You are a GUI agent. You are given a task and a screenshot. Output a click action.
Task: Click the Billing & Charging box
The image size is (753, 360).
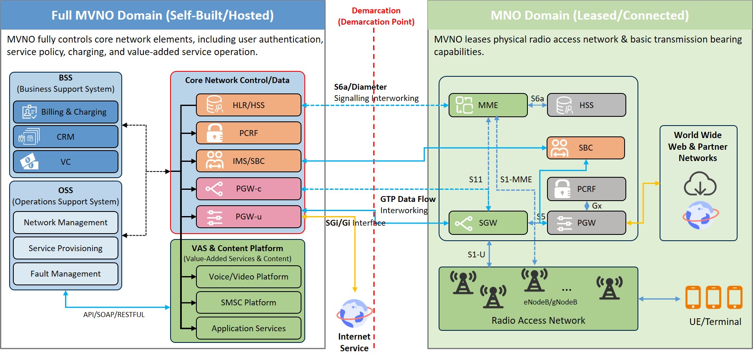coord(65,112)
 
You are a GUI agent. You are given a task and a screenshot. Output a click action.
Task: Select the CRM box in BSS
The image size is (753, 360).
coord(65,137)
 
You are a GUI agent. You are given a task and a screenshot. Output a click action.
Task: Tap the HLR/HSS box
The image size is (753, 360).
coord(248,105)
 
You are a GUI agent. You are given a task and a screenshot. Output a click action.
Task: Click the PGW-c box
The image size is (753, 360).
coord(248,189)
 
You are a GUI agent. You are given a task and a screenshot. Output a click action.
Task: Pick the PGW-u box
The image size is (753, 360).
coord(248,217)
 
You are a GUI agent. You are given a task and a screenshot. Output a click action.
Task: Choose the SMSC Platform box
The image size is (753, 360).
coord(248,302)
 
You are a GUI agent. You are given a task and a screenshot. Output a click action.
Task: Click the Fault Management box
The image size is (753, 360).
coord(65,274)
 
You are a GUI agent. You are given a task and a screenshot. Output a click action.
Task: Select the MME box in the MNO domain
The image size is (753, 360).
coord(488,105)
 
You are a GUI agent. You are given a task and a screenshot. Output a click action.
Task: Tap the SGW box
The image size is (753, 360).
coord(488,223)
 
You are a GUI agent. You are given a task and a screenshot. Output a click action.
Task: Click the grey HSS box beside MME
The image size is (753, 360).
coord(586,105)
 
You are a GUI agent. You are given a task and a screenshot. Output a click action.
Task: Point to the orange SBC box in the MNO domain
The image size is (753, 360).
coord(585,148)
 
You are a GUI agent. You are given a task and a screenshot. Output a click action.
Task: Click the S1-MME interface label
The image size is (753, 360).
coord(516,179)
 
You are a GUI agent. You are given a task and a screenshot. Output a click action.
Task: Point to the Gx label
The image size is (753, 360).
coord(597,206)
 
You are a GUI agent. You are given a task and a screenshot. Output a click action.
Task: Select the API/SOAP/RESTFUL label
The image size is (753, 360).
coord(114,315)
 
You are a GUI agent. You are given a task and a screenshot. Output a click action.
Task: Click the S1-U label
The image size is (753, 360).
coord(476,254)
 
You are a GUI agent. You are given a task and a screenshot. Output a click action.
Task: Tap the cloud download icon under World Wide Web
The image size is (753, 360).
coord(700,184)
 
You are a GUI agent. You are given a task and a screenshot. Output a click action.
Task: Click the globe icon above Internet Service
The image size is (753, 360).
coord(354,313)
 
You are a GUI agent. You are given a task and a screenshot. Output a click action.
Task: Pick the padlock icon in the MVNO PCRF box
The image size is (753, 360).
coord(215,133)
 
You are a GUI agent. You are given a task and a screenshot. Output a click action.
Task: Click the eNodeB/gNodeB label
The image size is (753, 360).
coord(550,302)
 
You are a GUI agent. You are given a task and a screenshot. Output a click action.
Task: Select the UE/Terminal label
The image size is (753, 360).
coord(715,322)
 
